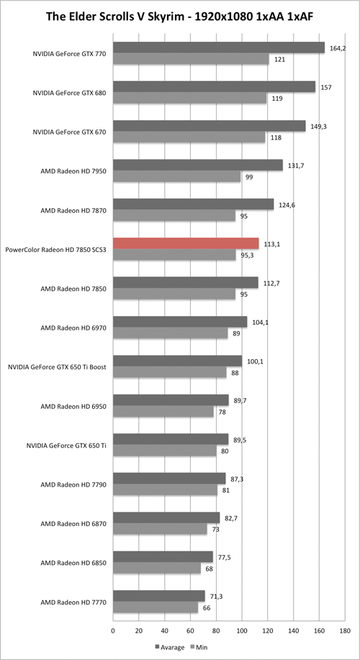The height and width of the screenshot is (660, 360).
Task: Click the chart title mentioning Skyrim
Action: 180,15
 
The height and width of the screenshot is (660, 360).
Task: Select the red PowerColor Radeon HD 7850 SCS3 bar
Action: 186,243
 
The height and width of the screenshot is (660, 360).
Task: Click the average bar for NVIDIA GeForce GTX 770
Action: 219,48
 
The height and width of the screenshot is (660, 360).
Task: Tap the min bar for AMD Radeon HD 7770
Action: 156,607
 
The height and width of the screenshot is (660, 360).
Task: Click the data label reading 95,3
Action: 249,255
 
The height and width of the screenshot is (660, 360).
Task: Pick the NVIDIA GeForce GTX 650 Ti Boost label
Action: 58,366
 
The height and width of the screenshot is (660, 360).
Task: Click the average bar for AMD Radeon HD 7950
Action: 198,165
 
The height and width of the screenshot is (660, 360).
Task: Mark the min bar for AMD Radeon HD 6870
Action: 160,529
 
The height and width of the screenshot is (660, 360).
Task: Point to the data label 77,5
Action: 225,556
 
